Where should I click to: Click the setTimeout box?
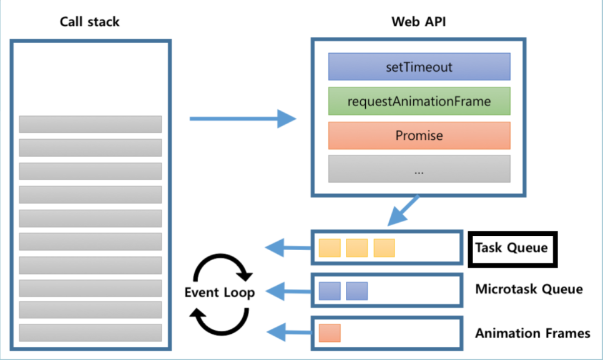[x=419, y=67]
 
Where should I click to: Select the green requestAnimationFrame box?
[x=419, y=101]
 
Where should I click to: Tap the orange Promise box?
[x=419, y=135]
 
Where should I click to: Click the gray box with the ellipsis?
[x=419, y=168]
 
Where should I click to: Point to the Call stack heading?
[x=89, y=22]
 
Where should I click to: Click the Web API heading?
[x=418, y=22]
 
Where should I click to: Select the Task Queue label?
[x=511, y=248]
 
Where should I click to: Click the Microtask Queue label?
[x=529, y=289]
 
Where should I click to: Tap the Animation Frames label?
[x=532, y=333]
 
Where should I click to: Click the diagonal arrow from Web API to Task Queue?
[x=403, y=211]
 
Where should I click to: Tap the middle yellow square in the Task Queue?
[x=356, y=248]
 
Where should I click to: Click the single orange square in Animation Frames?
[x=330, y=333]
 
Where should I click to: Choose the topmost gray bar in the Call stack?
[x=90, y=124]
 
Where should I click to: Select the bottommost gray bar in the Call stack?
[x=90, y=332]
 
